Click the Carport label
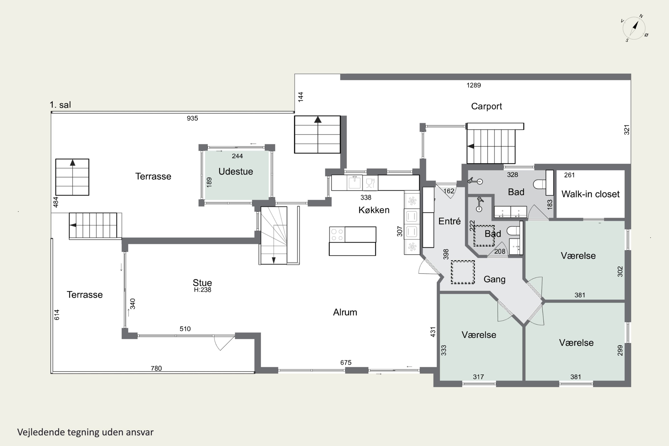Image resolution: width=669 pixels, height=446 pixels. pos(486,106)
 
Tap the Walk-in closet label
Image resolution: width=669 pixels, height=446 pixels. pos(590,194)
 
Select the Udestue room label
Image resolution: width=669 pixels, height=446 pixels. pos(235,171)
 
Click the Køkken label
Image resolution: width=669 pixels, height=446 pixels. pos(374,210)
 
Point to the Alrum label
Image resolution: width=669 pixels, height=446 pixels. pos(345,312)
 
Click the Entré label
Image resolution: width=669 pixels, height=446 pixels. pos(449,221)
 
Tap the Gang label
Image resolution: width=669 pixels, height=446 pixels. pos(494,279)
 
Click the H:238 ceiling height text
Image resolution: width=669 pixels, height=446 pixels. pos(202,290)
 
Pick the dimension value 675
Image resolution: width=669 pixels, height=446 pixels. pos(346,363)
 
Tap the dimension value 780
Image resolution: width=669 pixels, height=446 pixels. pos(156,368)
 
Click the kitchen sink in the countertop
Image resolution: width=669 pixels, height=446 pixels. pos(355,183)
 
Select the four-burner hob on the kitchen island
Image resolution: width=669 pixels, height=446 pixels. pos(337,235)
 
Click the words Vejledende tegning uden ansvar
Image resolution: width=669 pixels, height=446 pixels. pos(85,432)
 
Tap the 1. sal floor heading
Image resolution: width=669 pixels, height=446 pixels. pos(60,105)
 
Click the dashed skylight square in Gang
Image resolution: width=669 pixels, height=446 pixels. pos(463,272)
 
